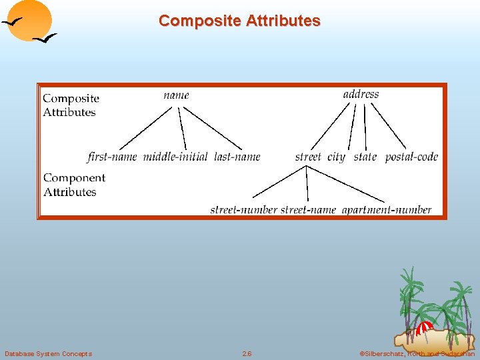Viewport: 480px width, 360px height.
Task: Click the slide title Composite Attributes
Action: coord(239,21)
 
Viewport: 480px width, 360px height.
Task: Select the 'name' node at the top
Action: coord(177,95)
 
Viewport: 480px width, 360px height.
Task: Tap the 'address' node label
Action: coord(361,95)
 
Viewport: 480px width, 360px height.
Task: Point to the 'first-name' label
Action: coord(112,157)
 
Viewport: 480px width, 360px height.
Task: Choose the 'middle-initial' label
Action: coord(175,157)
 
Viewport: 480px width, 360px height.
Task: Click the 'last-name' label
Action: coord(237,157)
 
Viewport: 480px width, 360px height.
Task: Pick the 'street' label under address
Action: coord(308,157)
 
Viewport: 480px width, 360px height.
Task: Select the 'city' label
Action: coord(336,157)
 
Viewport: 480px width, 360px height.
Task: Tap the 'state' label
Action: coord(365,157)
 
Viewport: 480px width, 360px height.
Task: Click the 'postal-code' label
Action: coord(411,157)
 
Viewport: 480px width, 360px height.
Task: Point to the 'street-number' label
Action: coord(243,210)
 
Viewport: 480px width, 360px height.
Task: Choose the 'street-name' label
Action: coord(308,210)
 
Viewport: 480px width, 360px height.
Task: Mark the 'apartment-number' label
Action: coord(387,210)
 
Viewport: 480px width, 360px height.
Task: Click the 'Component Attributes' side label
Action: coord(74,185)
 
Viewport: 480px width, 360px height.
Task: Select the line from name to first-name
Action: coord(146,128)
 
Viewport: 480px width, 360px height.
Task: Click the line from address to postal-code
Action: coord(388,127)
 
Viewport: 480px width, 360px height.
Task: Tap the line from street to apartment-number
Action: coord(347,185)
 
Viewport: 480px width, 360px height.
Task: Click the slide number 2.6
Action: coord(247,353)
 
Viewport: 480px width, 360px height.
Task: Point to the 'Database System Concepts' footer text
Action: coord(48,353)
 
